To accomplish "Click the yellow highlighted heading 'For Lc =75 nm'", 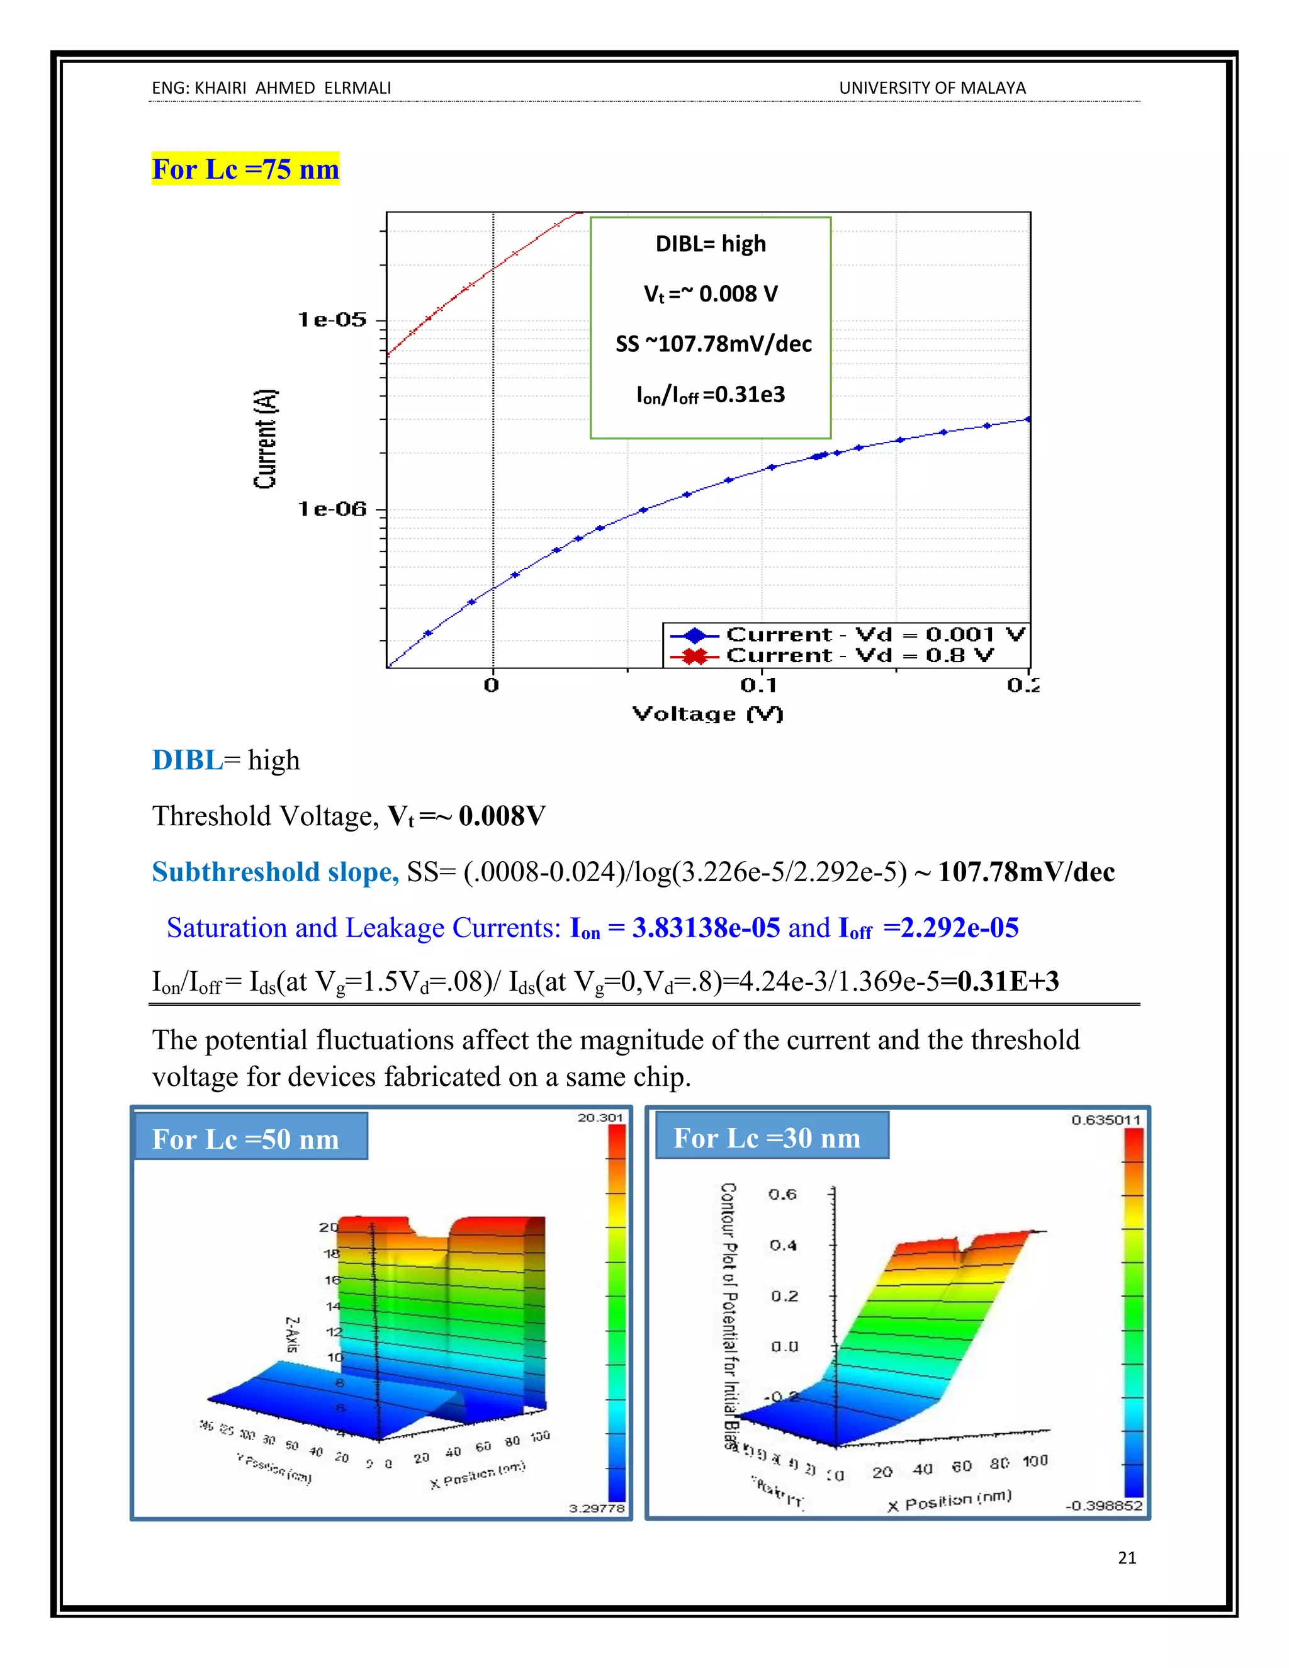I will [x=245, y=169].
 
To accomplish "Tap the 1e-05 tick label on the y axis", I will [x=332, y=319].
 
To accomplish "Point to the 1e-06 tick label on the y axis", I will [x=332, y=509].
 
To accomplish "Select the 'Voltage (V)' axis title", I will [x=708, y=714].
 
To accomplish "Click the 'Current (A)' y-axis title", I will [x=266, y=439].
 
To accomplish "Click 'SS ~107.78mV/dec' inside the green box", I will [x=713, y=344].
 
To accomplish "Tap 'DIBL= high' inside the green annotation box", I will [x=710, y=244].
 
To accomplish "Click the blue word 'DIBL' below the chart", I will [x=188, y=761].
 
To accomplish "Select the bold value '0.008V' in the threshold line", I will [x=502, y=816].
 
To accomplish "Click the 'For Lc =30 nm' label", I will [x=767, y=1138].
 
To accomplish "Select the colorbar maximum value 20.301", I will [x=600, y=1117].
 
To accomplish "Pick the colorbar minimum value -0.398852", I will [x=1103, y=1506].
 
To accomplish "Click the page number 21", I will [x=1127, y=1558].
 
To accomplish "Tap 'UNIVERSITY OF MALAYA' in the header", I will [x=932, y=89].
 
